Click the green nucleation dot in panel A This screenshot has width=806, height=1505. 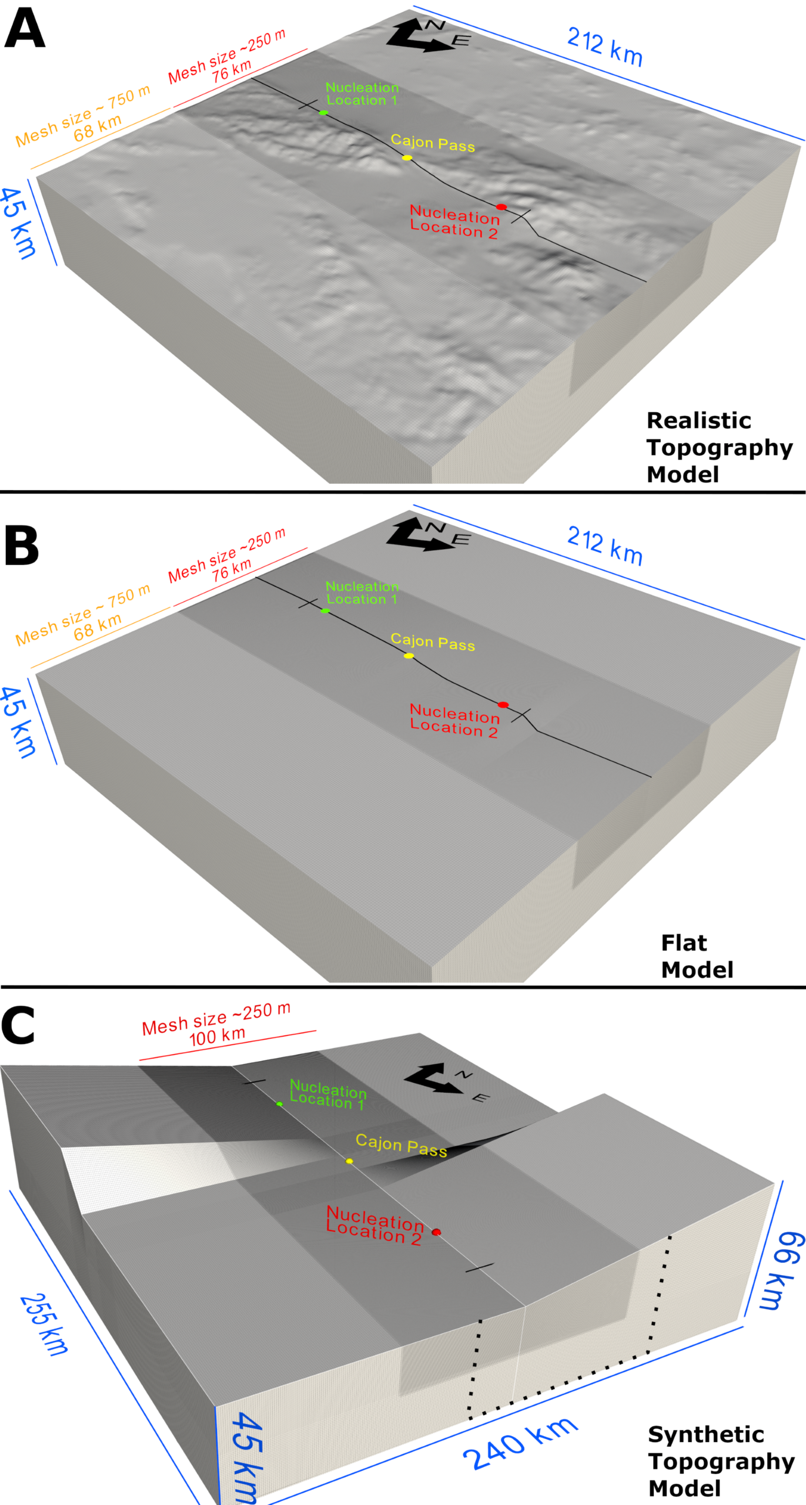[323, 112]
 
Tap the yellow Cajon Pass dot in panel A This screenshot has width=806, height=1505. [407, 158]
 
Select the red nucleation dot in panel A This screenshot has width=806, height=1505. [501, 207]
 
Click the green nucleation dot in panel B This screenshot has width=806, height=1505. [325, 611]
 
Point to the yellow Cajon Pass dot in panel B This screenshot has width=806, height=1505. [409, 655]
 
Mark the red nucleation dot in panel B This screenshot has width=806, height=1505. [503, 704]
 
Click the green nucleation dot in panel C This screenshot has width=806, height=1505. [279, 1104]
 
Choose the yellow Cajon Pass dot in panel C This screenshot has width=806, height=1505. [349, 1161]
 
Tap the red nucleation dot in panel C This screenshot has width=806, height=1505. [436, 1232]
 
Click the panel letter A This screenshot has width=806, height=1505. [24, 29]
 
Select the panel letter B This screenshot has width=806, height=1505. [22, 546]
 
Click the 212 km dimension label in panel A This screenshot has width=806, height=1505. [604, 47]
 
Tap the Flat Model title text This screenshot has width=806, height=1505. [697, 956]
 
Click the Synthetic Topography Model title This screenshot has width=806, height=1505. [721, 1461]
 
